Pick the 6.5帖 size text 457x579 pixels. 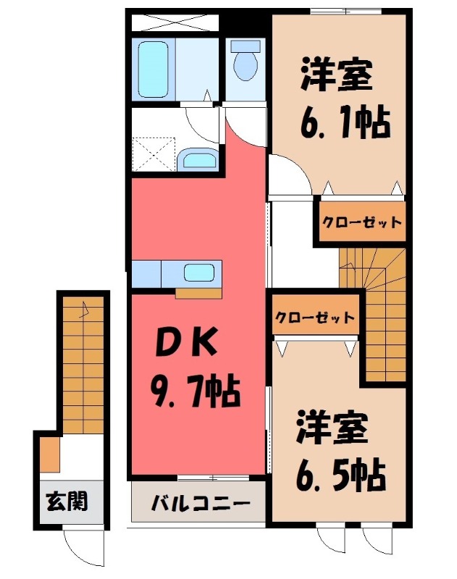pos(340,474)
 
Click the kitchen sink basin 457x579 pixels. pos(198,273)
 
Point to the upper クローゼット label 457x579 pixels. pos(361,221)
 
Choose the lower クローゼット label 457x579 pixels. pos(315,318)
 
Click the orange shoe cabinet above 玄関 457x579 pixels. pos(49,454)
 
